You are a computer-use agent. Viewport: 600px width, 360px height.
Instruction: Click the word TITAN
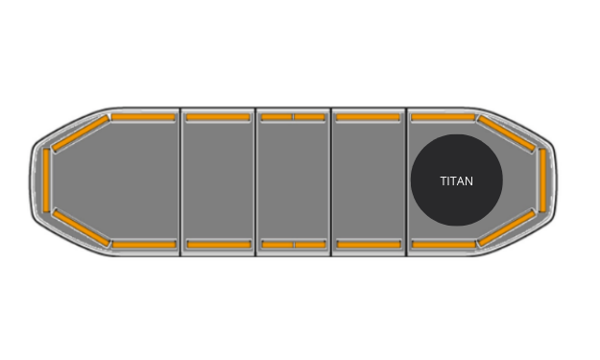tap(457, 180)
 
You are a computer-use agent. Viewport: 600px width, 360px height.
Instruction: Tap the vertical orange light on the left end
tap(46, 180)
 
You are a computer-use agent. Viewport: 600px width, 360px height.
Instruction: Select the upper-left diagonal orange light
tap(80, 133)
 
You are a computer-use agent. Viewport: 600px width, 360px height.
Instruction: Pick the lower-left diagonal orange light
tap(80, 227)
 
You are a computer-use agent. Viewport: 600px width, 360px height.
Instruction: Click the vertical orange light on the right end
tap(542, 180)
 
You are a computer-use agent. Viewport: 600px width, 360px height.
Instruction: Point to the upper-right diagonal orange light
tap(506, 133)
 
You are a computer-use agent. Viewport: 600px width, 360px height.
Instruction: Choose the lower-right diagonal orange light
tap(506, 228)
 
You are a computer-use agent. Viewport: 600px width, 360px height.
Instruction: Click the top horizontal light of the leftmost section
tap(143, 117)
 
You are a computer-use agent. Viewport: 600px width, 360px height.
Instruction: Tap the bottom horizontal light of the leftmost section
tap(144, 245)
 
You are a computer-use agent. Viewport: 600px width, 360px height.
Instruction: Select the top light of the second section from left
tap(218, 117)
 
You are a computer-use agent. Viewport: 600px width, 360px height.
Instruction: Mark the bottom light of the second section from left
tap(218, 245)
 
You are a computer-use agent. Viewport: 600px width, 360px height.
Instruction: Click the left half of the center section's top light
tap(276, 117)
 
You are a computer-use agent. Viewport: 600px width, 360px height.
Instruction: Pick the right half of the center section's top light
tap(310, 117)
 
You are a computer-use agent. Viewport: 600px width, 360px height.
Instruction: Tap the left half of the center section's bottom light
tap(276, 245)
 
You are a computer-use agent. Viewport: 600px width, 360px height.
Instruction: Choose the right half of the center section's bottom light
tap(310, 245)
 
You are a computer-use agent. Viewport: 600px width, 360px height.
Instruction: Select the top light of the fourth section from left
tap(368, 117)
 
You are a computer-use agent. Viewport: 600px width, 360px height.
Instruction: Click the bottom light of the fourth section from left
tap(368, 245)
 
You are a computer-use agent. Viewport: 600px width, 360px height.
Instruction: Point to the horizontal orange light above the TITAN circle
tap(443, 117)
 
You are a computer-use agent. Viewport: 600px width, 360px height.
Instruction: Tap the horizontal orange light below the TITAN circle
tap(443, 245)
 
